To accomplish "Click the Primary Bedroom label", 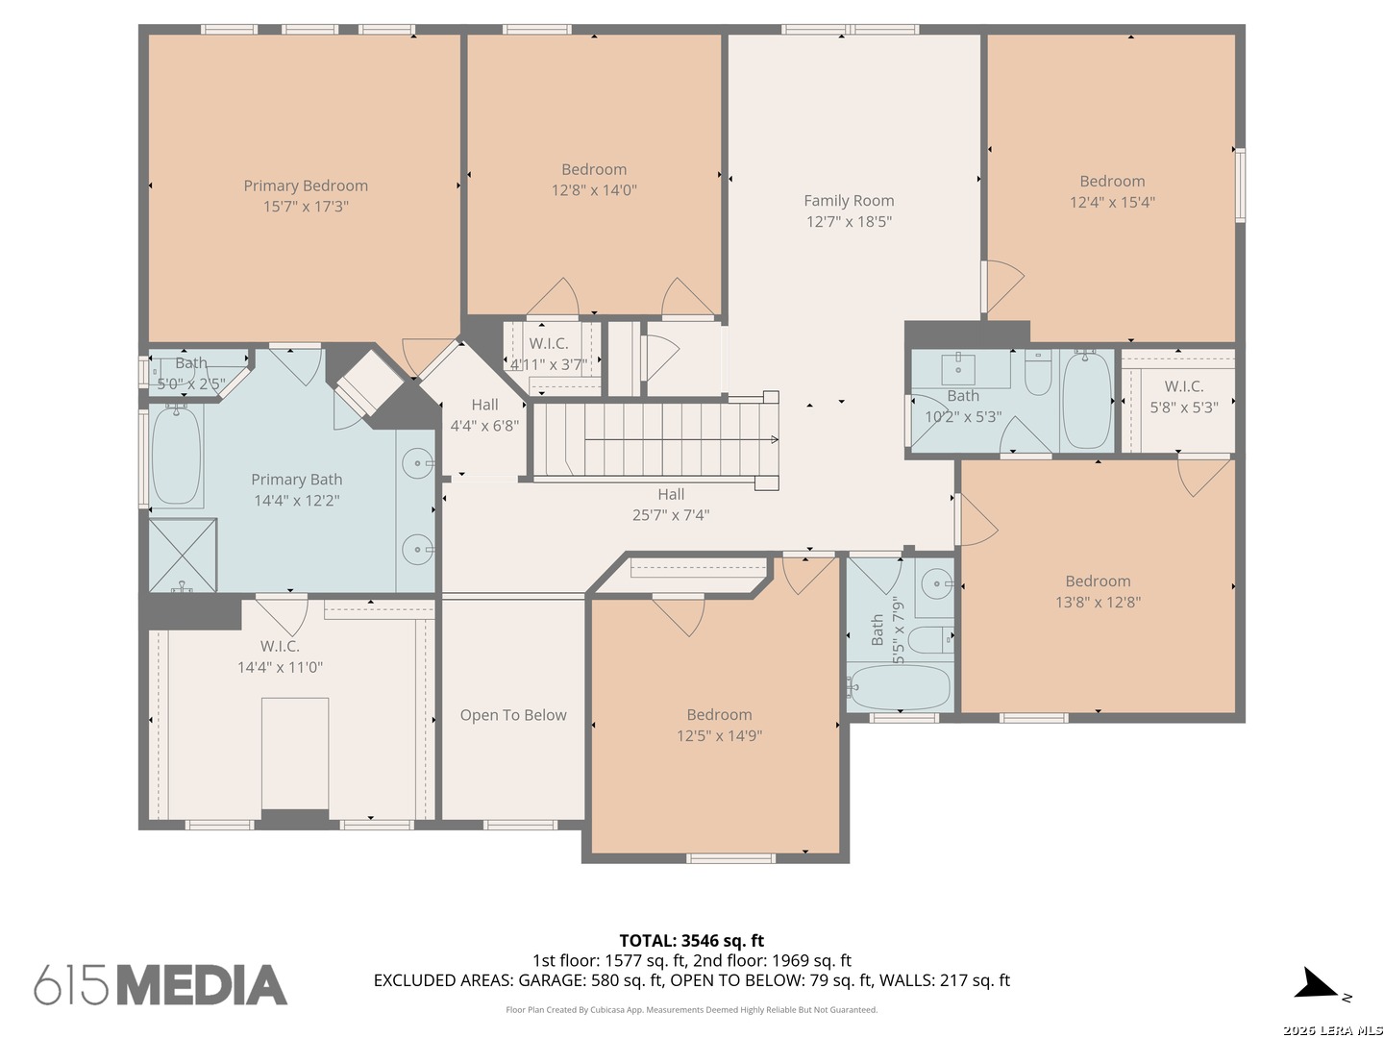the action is click(306, 185).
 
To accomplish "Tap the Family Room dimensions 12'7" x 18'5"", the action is click(849, 222).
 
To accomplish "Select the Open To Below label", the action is click(513, 715).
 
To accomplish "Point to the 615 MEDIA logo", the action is click(161, 984).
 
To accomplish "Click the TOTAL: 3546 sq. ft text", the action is click(692, 941).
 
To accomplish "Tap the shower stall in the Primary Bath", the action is click(183, 555).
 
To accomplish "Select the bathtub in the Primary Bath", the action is click(177, 456).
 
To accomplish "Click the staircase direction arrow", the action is click(681, 439).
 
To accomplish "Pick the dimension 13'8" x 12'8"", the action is click(1099, 602).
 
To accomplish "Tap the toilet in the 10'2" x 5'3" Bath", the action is click(1038, 373).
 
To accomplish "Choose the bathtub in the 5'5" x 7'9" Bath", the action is click(899, 687).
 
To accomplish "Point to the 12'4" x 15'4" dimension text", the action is click(1112, 202).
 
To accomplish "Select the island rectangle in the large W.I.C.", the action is click(295, 754).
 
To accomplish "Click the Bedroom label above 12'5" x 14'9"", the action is click(720, 715).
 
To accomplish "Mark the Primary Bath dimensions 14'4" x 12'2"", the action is click(297, 501).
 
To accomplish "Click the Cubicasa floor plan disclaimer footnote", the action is click(692, 1009).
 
